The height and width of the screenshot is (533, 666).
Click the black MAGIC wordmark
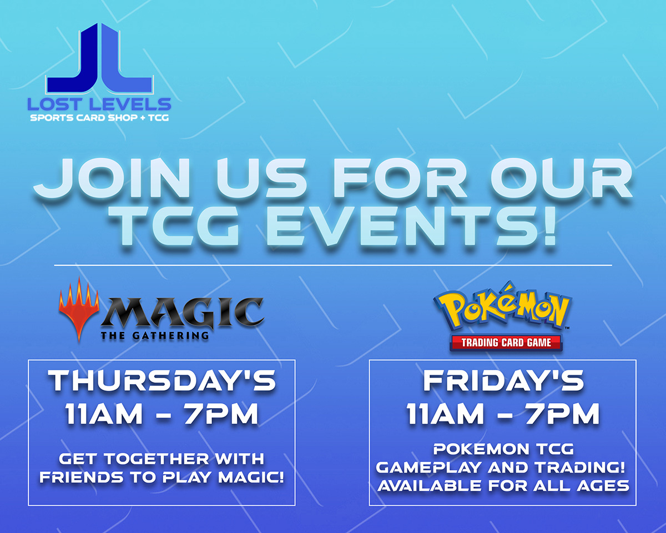[x=183, y=313]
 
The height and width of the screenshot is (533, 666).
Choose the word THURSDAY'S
[x=162, y=382]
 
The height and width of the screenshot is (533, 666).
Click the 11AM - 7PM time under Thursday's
[x=162, y=415]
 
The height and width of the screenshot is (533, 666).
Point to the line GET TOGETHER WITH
[x=162, y=459]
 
